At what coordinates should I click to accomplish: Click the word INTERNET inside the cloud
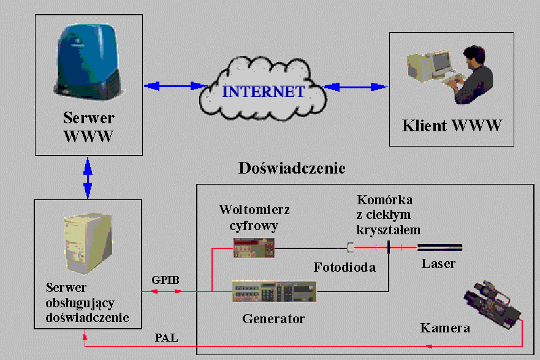click(263, 92)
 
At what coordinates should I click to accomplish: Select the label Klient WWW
click(452, 126)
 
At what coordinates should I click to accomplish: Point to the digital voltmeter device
click(253, 248)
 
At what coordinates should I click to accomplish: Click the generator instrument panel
click(274, 291)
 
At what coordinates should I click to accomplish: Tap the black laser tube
click(439, 248)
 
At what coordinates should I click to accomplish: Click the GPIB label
click(165, 280)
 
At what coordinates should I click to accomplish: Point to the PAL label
click(166, 337)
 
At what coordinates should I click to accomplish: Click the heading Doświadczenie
click(292, 168)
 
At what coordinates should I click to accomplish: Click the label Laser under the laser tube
click(438, 264)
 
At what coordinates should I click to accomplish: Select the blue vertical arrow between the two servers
click(88, 177)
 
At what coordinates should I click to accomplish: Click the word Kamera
click(445, 328)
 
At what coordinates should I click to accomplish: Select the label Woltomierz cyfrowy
click(254, 217)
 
